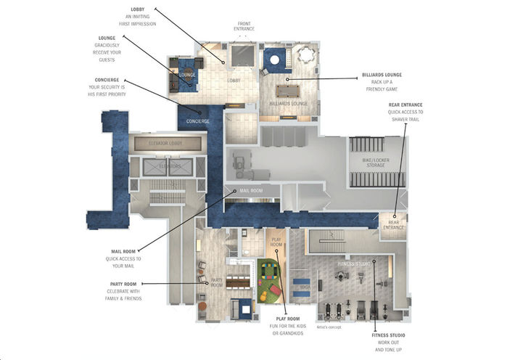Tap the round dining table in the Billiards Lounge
[305, 54]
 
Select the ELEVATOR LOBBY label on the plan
[165, 144]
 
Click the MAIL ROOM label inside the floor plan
[242, 191]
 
